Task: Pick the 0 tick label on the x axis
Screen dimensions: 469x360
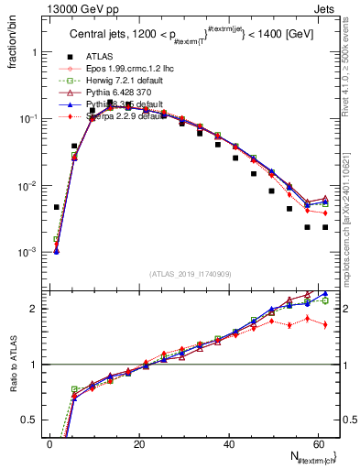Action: [x=50, y=443]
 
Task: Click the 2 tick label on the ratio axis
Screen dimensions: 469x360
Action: [x=33, y=309]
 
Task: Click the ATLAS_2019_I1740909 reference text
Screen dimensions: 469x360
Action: [x=191, y=274]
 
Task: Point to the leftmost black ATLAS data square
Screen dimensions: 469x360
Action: [x=57, y=207]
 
